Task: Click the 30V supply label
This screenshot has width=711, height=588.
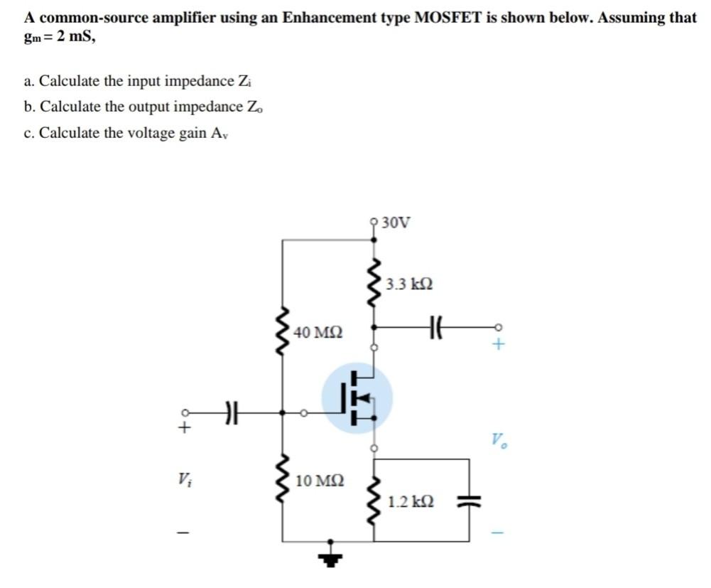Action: click(396, 223)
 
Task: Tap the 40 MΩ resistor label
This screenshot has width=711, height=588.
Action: click(317, 332)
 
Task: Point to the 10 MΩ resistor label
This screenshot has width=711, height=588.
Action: click(320, 481)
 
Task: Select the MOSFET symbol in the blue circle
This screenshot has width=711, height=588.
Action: click(357, 398)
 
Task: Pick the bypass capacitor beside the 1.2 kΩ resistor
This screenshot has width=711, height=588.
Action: click(469, 501)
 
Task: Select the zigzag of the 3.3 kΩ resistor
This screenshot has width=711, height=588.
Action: click(373, 282)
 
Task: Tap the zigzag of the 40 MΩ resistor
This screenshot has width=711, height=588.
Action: click(285, 332)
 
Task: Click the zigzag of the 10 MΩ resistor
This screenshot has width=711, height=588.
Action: click(285, 481)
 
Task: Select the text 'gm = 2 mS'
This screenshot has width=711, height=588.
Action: click(59, 37)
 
